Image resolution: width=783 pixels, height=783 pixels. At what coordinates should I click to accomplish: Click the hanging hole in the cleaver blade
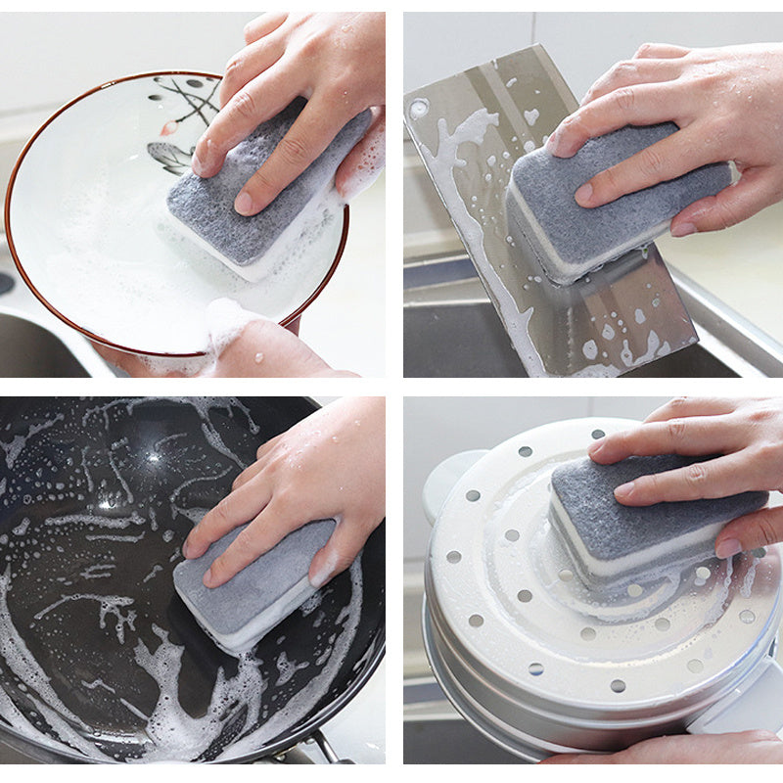419,109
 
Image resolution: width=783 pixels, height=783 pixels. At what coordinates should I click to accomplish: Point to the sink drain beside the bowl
5,284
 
